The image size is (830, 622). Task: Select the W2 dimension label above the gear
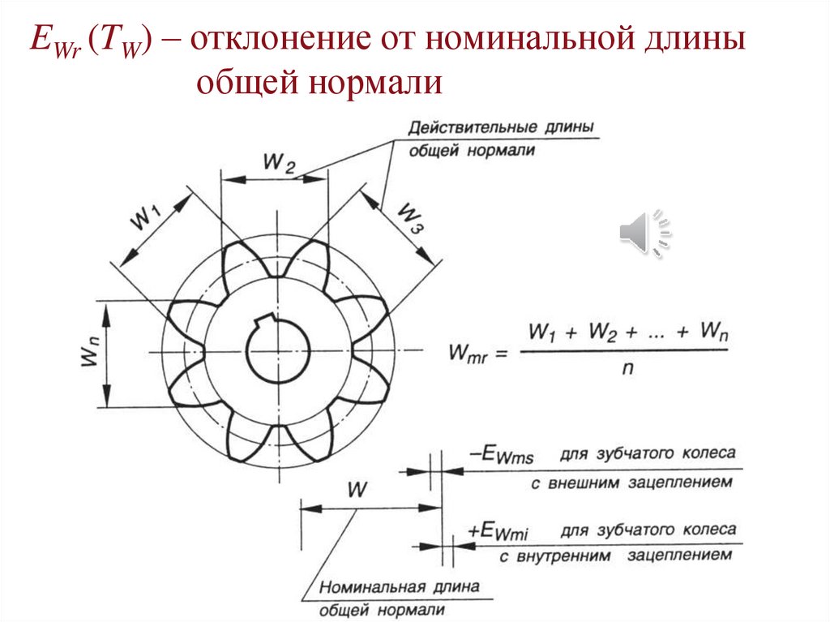click(278, 163)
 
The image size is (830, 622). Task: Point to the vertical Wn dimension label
click(91, 354)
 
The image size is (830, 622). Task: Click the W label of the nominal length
click(357, 490)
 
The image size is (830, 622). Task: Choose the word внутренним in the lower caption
click(576, 556)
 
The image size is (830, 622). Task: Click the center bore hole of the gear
click(278, 353)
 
